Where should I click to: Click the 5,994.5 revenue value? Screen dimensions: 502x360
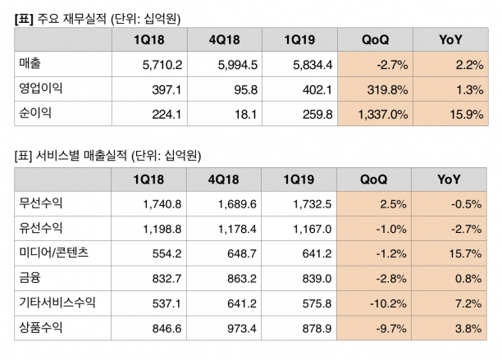[238, 65]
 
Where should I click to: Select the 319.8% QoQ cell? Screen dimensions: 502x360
[387, 90]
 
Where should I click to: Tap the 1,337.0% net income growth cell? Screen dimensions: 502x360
[383, 115]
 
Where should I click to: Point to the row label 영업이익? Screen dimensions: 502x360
[41, 88]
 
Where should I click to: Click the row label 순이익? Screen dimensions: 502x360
[35, 112]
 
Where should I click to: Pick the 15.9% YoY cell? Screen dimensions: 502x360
[467, 115]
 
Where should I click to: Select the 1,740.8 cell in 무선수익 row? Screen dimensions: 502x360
[162, 204]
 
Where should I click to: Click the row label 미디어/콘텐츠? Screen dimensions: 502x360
[54, 253]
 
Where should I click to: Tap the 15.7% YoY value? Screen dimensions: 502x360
[465, 253]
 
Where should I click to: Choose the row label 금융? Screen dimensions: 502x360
[30, 277]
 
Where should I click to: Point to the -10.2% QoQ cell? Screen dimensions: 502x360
[388, 303]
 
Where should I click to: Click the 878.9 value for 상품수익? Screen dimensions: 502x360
[317, 329]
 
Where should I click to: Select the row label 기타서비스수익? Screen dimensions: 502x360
[57, 302]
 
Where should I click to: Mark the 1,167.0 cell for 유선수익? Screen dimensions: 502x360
[313, 229]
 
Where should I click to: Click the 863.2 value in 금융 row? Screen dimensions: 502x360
[242, 279]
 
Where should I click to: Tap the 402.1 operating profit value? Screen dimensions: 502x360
[317, 90]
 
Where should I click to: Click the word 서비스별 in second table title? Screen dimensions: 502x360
[57, 156]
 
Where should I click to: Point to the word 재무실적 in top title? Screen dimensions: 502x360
[84, 19]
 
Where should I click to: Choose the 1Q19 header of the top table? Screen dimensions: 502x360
[299, 39]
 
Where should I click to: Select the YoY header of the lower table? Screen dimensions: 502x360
[449, 180]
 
